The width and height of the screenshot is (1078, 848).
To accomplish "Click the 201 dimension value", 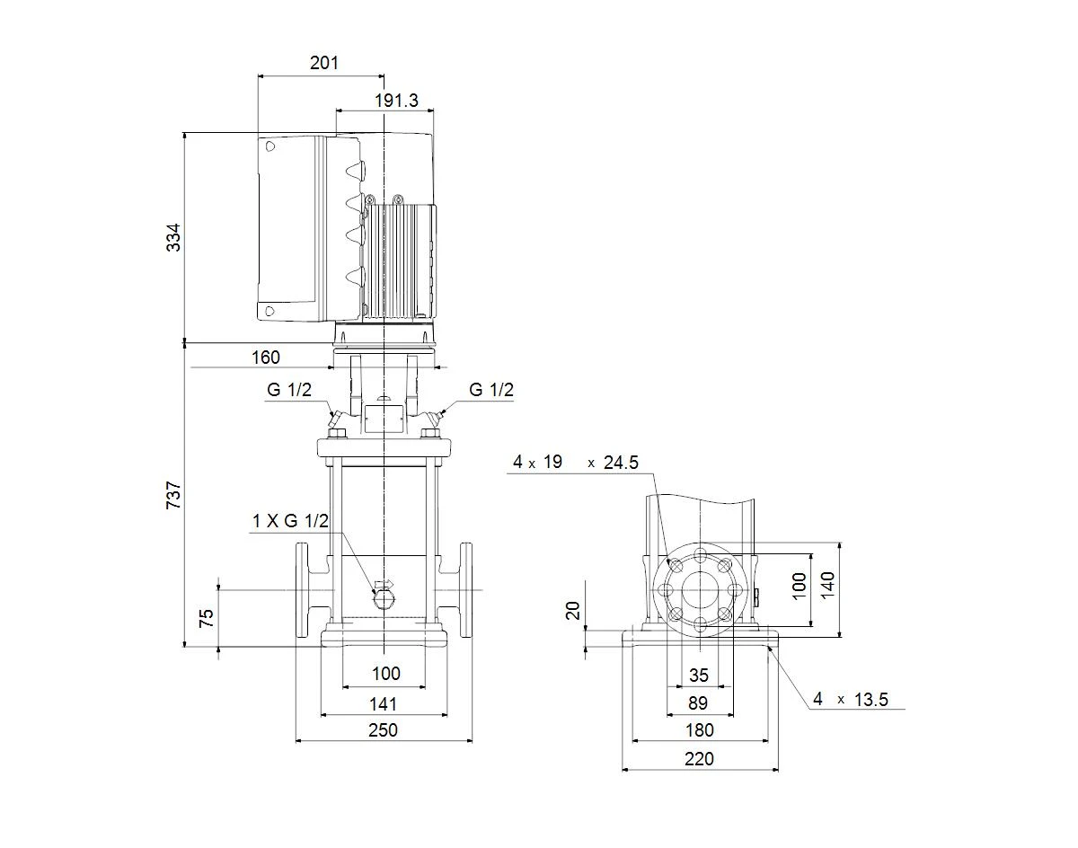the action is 324,63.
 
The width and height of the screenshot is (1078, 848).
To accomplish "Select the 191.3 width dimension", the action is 396,101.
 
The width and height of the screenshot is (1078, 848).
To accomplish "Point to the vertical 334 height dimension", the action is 173,237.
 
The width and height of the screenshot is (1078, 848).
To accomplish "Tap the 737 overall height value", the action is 173,495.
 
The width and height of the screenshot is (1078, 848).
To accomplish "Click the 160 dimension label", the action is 266,358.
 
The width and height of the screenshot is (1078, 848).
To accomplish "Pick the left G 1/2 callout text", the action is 289,390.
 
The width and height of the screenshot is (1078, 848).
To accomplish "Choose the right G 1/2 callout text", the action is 491,390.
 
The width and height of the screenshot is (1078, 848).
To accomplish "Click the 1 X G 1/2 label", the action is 290,521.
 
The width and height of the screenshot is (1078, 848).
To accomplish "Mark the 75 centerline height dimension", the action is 207,618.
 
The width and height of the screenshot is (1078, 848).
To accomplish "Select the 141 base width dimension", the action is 384,704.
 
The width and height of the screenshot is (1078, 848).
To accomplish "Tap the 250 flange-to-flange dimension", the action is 384,730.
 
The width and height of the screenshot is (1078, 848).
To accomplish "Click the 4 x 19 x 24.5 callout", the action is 576,462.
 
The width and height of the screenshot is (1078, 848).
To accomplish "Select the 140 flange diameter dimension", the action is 827,585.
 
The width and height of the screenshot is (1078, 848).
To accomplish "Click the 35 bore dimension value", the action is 699,676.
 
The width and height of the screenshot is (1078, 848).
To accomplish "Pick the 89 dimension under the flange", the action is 698,703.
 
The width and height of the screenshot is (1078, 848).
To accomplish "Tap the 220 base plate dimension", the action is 699,759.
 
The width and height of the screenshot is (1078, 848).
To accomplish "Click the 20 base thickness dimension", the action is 573,611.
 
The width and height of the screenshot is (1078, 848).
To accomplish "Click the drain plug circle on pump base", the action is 384,600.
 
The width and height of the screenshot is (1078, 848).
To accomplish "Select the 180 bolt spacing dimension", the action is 699,730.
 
